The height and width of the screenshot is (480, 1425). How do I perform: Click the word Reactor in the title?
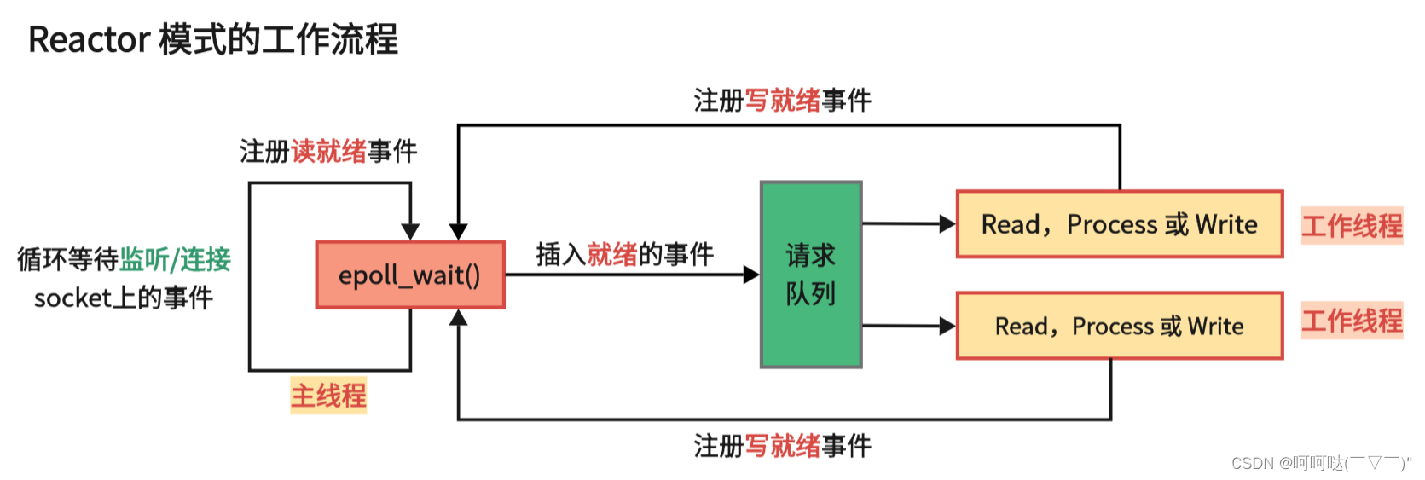[89, 40]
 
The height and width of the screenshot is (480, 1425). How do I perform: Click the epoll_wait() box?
[410, 275]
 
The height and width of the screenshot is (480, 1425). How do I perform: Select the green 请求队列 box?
[810, 275]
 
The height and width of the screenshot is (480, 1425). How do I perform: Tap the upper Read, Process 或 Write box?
[1119, 224]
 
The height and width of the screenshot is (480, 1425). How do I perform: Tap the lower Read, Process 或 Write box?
[1119, 326]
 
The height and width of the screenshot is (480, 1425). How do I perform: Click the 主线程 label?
[328, 396]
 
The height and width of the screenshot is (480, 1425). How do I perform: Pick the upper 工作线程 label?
[1352, 226]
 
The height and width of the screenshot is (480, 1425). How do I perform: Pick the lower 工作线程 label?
[1352, 321]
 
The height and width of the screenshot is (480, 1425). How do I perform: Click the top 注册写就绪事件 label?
[782, 101]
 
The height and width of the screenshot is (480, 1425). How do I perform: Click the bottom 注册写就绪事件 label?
[782, 445]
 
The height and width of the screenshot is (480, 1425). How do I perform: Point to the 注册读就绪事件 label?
[328, 152]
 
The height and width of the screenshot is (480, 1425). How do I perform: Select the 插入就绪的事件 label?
[624, 254]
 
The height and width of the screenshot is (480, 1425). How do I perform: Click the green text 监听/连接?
[175, 259]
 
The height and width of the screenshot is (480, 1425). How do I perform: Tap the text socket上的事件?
[124, 298]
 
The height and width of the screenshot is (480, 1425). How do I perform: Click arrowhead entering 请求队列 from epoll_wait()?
[751, 275]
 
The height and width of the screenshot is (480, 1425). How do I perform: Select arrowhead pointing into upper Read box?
[947, 224]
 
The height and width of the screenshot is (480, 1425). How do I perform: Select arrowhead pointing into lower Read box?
[947, 326]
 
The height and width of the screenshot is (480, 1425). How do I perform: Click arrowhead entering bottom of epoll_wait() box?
[458, 318]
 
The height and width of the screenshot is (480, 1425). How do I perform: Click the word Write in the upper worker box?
[1225, 224]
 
